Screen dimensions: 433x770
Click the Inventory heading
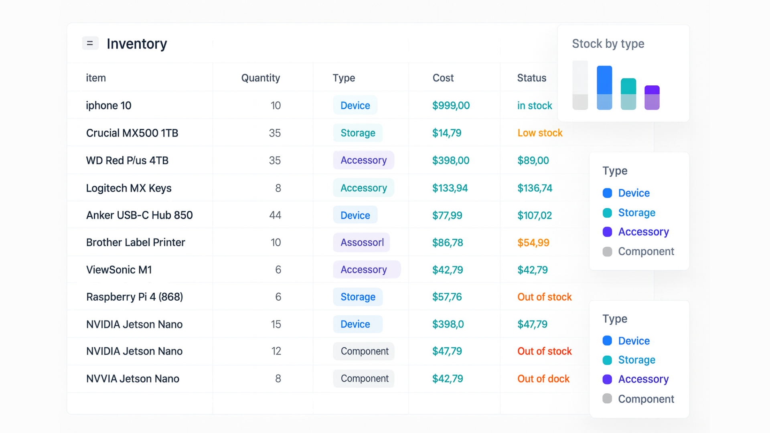point(137,44)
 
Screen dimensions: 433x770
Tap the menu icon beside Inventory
point(90,43)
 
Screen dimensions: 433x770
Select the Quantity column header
point(260,78)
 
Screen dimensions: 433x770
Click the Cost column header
point(443,78)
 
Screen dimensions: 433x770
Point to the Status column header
point(531,78)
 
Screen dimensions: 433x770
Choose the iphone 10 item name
point(109,105)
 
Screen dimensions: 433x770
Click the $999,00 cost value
point(451,105)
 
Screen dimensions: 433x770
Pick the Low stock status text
point(540,133)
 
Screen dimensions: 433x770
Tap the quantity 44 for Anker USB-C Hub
point(275,215)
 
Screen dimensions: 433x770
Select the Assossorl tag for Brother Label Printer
point(362,243)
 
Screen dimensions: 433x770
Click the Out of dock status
point(543,379)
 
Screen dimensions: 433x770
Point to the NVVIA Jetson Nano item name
point(133,379)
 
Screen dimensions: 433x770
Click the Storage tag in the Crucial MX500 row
point(358,133)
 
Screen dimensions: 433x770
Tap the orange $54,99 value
point(533,243)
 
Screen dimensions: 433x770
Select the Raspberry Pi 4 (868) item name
point(134,297)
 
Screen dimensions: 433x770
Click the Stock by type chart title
point(608,44)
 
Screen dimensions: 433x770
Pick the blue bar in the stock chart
point(604,88)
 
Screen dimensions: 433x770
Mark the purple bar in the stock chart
point(652,97)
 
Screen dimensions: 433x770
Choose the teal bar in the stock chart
point(628,94)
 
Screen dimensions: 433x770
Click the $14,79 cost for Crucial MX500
point(447,133)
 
